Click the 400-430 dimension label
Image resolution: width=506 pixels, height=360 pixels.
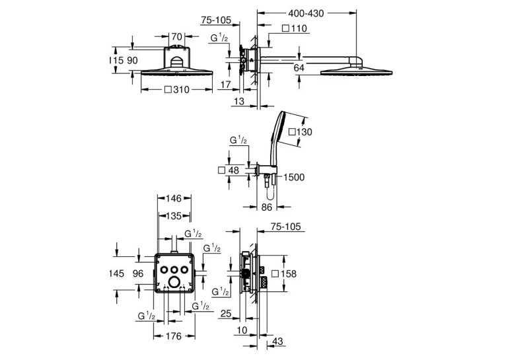click(306, 13)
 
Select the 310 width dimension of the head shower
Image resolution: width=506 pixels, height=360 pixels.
click(177, 90)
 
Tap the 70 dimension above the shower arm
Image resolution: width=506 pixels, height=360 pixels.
click(177, 36)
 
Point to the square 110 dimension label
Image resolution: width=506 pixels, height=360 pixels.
click(295, 28)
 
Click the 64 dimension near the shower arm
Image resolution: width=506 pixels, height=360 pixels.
click(299, 68)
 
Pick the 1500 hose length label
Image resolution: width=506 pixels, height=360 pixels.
click(294, 177)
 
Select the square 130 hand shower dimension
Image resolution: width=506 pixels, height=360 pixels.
click(301, 132)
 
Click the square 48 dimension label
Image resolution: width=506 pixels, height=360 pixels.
click(229, 170)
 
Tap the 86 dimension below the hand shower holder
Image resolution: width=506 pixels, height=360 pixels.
click(267, 207)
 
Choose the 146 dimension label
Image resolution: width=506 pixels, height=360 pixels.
click(174, 198)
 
